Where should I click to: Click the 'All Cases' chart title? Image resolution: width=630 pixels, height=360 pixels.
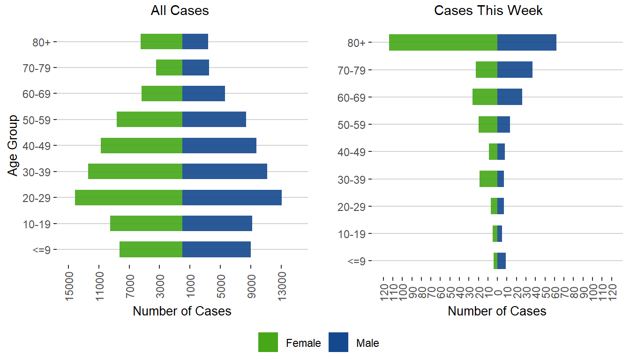click(180, 11)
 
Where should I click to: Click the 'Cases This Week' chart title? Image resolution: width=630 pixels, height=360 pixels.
click(488, 11)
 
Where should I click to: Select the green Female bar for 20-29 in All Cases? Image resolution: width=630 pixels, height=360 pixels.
click(128, 197)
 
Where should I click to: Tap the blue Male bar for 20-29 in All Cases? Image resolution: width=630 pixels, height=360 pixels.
click(232, 197)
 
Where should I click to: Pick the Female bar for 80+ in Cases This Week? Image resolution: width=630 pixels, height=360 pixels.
click(443, 42)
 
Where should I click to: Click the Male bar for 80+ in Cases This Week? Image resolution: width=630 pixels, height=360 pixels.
click(526, 42)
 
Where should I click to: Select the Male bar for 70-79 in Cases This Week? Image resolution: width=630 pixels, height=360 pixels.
click(515, 70)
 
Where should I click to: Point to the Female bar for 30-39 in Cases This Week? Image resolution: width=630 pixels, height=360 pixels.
click(488, 179)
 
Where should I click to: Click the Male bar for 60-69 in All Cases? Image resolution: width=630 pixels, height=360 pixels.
click(203, 93)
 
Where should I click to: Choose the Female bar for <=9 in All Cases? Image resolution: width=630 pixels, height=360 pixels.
click(151, 249)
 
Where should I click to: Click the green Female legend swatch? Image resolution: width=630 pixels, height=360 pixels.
click(268, 342)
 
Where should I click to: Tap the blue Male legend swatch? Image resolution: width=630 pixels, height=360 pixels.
click(338, 342)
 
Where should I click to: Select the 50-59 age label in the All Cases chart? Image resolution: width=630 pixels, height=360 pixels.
click(40, 120)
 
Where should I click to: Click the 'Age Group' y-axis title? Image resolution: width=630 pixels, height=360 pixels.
click(13, 145)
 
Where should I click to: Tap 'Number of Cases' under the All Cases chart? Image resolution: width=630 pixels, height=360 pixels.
click(182, 311)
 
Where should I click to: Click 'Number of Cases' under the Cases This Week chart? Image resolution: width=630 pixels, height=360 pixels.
click(497, 311)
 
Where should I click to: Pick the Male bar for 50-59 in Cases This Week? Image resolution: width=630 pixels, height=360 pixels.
click(503, 124)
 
